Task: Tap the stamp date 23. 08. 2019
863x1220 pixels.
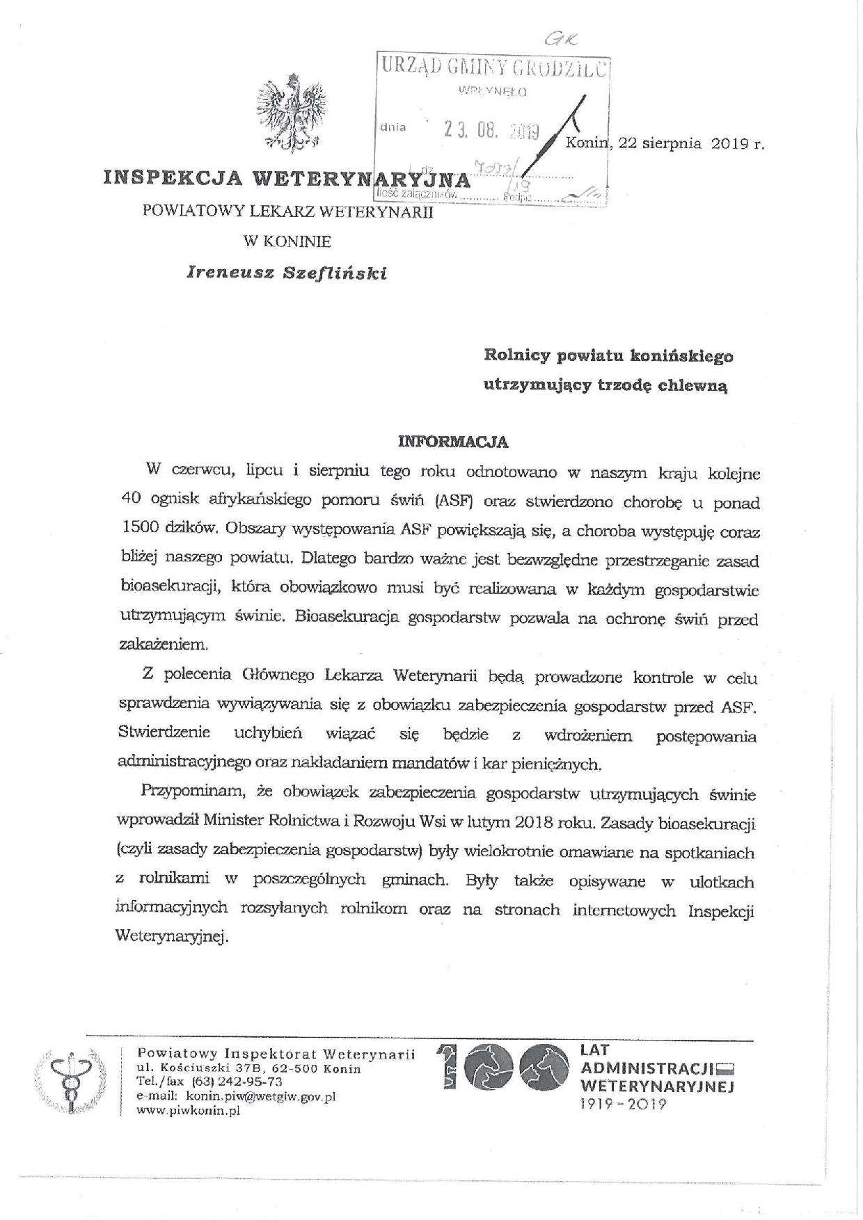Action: [493, 131]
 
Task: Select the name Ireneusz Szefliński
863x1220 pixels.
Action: [287, 273]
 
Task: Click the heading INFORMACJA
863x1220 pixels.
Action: [452, 442]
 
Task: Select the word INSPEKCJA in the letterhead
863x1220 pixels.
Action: [173, 178]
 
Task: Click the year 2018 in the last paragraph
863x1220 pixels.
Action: [535, 822]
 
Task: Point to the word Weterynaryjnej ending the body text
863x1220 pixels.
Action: [173, 937]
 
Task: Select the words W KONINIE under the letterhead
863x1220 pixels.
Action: [287, 242]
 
